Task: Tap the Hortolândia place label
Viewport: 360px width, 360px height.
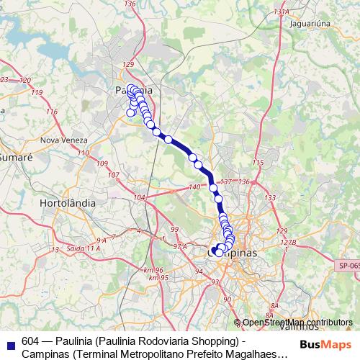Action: coord(68,203)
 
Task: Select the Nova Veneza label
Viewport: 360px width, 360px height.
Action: coord(64,140)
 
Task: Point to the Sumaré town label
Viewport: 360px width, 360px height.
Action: coord(12,156)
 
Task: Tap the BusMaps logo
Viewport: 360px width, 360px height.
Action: coord(325,344)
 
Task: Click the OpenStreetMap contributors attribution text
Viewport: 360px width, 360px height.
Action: coord(297,323)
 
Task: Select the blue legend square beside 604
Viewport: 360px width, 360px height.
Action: coord(11,343)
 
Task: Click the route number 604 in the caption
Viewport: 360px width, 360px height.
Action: coord(31,341)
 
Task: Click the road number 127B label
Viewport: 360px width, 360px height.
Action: coord(288,243)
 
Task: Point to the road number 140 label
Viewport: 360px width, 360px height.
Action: coord(194,188)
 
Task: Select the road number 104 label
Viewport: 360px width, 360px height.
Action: coord(140,197)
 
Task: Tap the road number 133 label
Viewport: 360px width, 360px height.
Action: coord(270,197)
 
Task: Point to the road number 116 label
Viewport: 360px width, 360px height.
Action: coord(52,112)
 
